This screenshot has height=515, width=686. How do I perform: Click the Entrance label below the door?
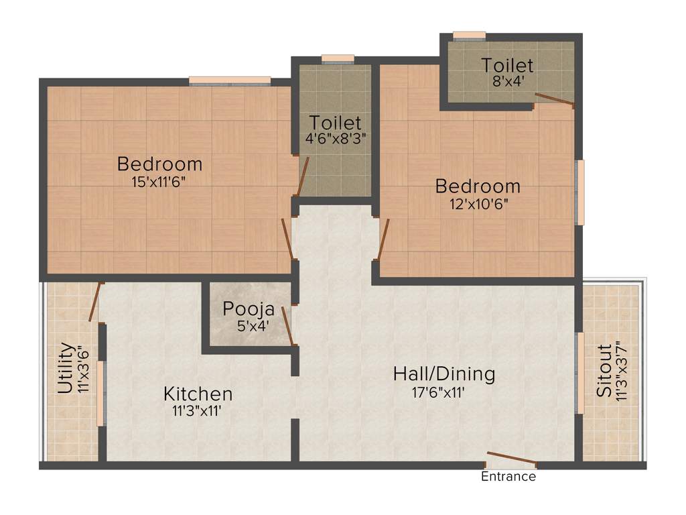(508, 477)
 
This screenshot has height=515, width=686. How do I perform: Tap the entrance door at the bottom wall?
(511, 459)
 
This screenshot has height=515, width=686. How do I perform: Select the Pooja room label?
(249, 309)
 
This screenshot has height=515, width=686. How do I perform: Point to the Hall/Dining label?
(443, 374)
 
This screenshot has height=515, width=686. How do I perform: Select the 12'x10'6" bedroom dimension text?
(478, 203)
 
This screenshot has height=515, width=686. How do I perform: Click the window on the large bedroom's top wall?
(229, 81)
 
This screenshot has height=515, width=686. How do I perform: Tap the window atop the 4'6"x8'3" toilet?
(338, 59)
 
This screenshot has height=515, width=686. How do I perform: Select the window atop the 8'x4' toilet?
(469, 36)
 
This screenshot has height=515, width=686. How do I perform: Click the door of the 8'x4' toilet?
(554, 100)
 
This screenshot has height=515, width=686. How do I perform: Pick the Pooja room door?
(287, 326)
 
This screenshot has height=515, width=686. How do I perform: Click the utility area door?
(95, 302)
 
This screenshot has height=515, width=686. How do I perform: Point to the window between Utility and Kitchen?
(100, 393)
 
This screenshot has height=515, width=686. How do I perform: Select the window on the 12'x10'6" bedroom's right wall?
(580, 192)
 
